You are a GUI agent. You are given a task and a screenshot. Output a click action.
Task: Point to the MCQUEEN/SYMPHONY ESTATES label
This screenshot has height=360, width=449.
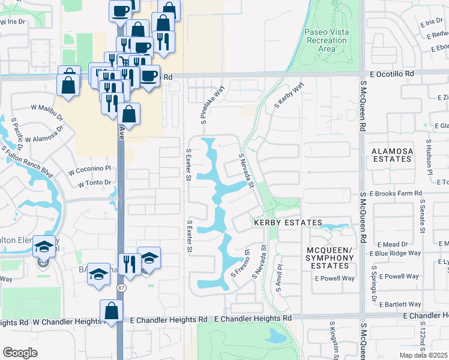tap(327, 257)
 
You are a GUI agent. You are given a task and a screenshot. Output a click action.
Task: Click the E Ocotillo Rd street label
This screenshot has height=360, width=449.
tap(393, 73)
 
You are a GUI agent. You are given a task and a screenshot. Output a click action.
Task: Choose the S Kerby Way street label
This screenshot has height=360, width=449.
tap(289, 95)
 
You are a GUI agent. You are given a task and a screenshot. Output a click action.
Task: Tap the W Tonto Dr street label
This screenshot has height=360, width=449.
tap(90, 182)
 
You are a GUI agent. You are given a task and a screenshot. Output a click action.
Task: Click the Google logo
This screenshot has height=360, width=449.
tap(20, 353)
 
